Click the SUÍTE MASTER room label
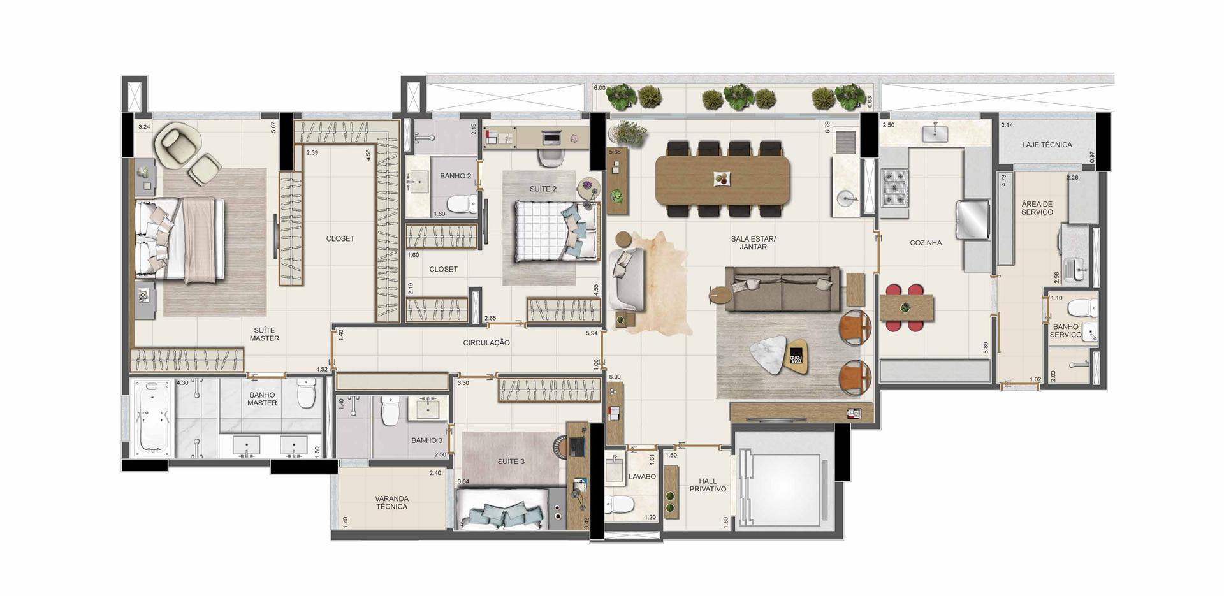264,334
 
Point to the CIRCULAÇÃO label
486,343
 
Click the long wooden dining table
722,180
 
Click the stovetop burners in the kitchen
894,187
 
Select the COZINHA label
926,243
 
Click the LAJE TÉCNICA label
1047,145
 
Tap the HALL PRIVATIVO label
708,485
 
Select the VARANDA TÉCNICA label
391,502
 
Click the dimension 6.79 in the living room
827,127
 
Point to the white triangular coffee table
770,357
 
